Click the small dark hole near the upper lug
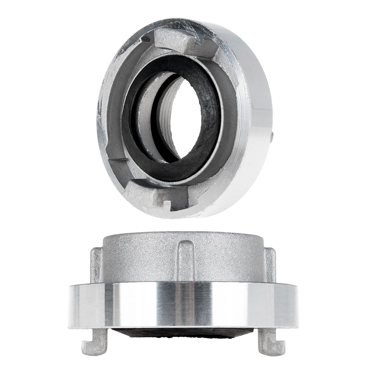click(145, 40)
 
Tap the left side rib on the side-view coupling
click(95, 265)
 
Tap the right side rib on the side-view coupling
click(270, 265)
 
